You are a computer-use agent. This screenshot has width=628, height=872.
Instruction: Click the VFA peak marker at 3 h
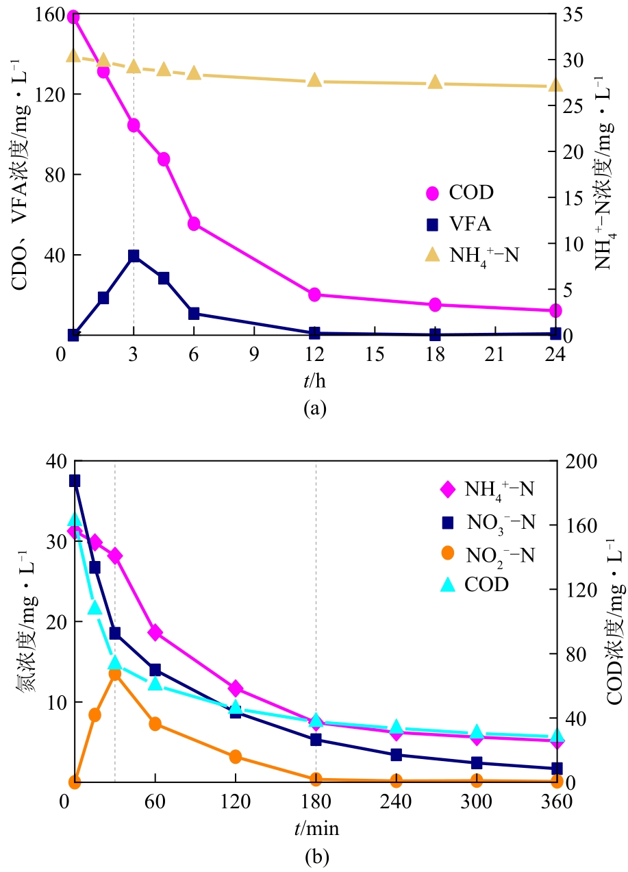134,256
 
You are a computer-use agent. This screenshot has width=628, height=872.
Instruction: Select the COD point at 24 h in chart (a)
555,310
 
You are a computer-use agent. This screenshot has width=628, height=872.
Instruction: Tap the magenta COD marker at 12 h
314,295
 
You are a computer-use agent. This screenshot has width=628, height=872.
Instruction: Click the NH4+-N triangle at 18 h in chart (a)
435,82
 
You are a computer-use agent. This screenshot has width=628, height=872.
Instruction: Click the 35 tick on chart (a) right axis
581,14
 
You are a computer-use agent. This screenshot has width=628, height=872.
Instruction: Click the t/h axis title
314,378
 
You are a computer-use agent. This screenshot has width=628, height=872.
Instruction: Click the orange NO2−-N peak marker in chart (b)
115,674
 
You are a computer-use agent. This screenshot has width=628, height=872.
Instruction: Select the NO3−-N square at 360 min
557,769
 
